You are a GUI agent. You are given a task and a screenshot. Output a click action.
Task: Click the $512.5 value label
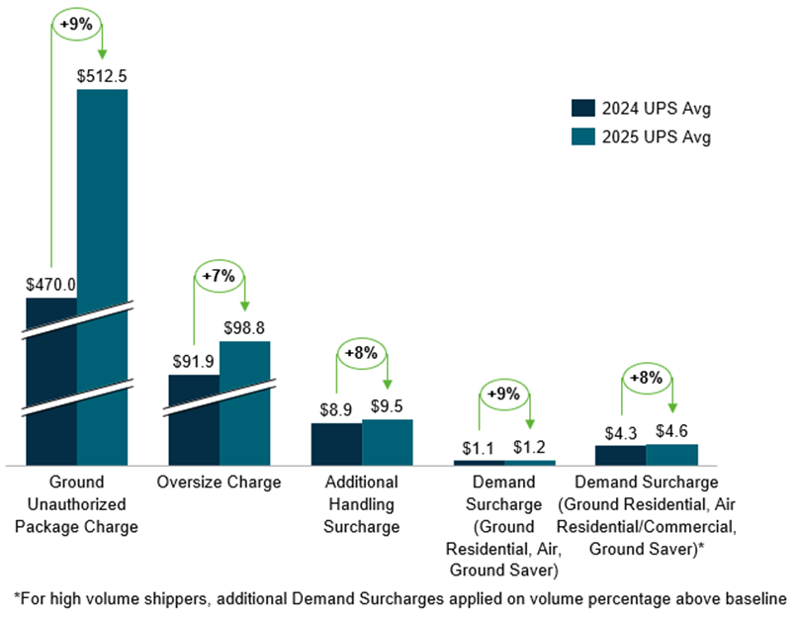102,75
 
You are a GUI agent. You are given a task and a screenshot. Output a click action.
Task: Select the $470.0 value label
50,284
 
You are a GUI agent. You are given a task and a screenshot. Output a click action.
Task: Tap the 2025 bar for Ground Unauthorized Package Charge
102,277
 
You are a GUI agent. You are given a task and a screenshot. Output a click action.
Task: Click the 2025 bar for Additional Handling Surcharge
387,442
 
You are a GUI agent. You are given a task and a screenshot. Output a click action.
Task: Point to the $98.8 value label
244,327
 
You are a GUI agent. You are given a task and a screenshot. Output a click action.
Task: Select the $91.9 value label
194,362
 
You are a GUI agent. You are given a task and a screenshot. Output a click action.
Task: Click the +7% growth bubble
219,277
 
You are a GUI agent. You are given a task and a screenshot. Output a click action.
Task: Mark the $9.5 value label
387,405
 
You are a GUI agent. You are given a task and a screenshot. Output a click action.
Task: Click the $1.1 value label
480,447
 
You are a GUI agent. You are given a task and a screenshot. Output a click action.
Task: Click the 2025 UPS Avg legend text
654,137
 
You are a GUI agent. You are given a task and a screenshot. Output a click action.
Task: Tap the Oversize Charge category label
219,483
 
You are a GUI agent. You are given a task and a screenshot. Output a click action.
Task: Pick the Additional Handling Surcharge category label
362,504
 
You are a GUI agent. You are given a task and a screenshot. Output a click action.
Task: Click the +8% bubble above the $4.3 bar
647,377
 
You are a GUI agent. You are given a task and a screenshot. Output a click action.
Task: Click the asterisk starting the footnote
16,597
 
